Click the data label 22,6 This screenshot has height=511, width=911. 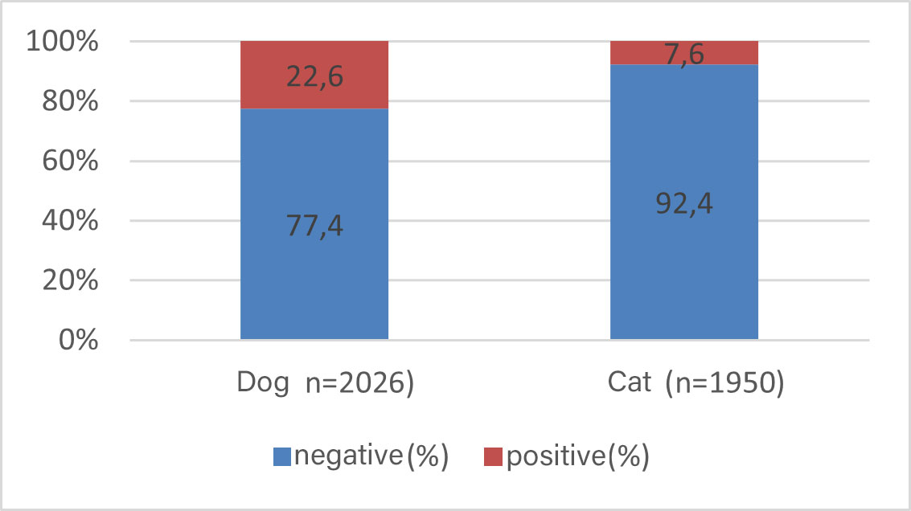click(x=314, y=77)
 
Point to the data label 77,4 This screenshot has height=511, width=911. click(x=314, y=226)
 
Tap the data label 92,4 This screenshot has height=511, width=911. click(x=684, y=202)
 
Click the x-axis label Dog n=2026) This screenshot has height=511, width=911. click(x=326, y=384)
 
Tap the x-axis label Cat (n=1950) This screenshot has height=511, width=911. click(x=695, y=384)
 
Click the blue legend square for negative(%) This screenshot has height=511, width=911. click(x=282, y=457)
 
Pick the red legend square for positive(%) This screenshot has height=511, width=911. click(x=492, y=457)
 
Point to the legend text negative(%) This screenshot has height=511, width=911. click(x=371, y=456)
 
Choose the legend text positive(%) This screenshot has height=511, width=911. click(x=577, y=456)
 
